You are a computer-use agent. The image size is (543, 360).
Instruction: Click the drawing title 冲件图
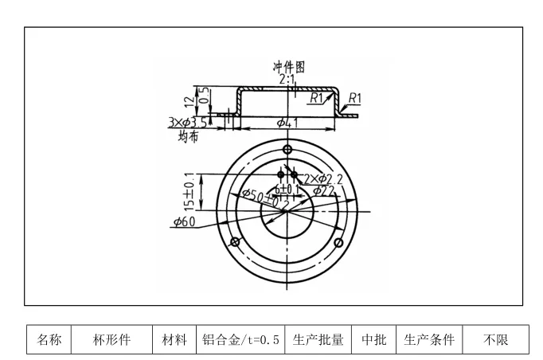click(x=289, y=68)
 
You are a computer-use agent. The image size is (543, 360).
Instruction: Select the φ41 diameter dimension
click(x=287, y=122)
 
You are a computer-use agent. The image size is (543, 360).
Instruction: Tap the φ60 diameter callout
click(x=185, y=221)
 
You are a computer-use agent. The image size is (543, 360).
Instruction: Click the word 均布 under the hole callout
click(x=188, y=136)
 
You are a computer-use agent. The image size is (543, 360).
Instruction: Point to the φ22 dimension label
click(x=323, y=190)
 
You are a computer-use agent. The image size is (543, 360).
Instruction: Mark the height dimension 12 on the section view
click(x=189, y=102)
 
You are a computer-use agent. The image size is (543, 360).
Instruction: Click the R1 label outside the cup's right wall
click(x=354, y=98)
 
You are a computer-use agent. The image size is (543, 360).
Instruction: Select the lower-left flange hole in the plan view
click(x=235, y=242)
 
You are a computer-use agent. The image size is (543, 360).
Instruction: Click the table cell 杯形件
click(x=111, y=340)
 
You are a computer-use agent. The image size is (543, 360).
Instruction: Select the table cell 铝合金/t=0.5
click(x=240, y=340)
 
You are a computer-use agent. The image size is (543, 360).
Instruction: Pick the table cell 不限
click(x=495, y=340)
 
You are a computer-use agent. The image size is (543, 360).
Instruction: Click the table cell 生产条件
click(x=429, y=340)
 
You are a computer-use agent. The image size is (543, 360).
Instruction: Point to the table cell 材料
click(x=174, y=340)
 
